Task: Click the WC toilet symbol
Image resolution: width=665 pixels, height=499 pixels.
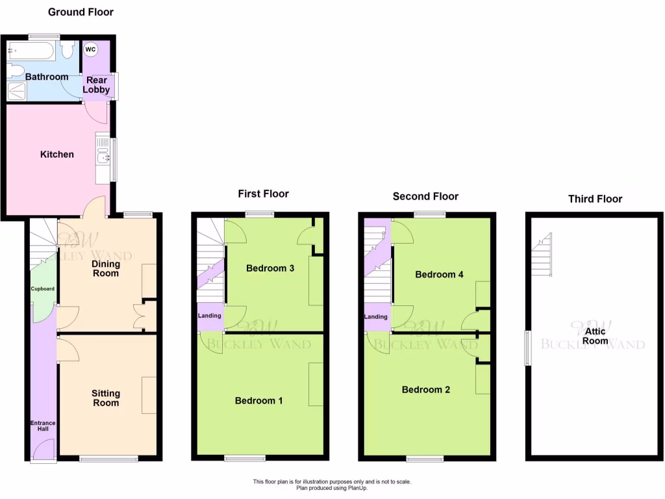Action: coord(90,49)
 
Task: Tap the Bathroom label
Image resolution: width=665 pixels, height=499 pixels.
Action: coord(47,77)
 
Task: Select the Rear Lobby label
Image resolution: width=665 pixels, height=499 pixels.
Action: coord(96,85)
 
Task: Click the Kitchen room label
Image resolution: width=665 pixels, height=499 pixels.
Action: coord(57,155)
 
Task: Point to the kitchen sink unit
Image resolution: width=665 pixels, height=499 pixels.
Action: coord(102,157)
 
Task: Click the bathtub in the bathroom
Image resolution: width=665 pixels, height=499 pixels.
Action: coord(32,51)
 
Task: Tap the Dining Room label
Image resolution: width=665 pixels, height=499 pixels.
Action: coord(105,268)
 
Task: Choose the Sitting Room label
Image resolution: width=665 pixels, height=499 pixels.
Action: coord(105,398)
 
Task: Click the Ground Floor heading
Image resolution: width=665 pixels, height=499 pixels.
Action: coord(81,12)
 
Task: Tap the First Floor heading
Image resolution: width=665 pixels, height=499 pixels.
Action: coord(263,194)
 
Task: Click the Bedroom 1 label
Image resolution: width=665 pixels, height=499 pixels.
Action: coord(258,401)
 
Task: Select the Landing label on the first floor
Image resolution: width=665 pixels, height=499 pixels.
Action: coord(210,316)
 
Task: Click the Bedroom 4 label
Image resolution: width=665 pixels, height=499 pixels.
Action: coord(439,274)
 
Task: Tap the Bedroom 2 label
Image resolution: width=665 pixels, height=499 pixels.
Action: coord(426,390)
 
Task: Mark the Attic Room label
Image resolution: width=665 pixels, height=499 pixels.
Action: coord(596,336)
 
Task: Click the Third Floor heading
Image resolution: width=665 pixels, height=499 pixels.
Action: coord(595,199)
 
